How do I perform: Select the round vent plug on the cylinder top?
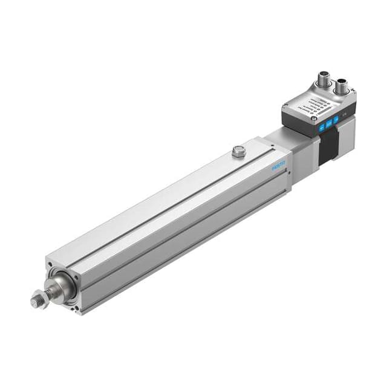(x=239, y=151)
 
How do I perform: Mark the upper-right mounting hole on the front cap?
(x=76, y=276)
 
